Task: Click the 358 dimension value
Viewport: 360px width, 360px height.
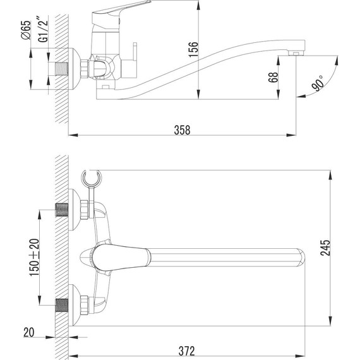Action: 182,128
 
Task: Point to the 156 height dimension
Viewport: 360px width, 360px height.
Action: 194,49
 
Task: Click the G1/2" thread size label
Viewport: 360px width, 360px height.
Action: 43,30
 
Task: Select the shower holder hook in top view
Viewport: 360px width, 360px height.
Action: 92,181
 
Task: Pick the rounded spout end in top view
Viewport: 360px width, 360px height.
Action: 299,256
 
